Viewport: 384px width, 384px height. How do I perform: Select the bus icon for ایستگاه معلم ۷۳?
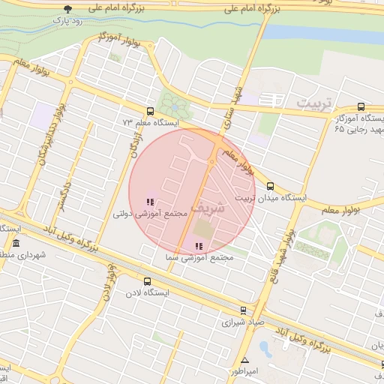pyautogui.click(x=151, y=111)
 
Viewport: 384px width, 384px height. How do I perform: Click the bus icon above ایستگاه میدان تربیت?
pyautogui.click(x=271, y=187)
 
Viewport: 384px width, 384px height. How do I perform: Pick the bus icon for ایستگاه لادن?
pyautogui.click(x=146, y=282)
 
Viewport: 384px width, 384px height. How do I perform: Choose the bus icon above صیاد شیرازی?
pyautogui.click(x=242, y=309)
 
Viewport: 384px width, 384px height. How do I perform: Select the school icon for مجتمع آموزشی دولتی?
pyautogui.click(x=150, y=201)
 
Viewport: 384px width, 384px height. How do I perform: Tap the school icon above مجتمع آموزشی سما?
pyautogui.click(x=199, y=246)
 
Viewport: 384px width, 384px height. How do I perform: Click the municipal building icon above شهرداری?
pyautogui.click(x=16, y=244)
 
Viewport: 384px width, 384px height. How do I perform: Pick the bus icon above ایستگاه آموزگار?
pyautogui.click(x=361, y=107)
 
